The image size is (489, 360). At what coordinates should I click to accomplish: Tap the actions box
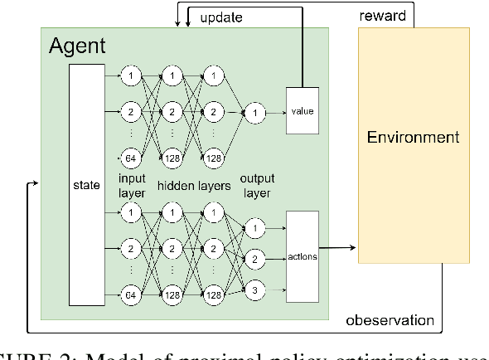point(303,257)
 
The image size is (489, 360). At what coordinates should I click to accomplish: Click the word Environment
point(413,137)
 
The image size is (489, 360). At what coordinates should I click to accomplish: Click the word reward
point(382,16)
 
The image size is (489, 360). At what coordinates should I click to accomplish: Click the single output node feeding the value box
point(256,109)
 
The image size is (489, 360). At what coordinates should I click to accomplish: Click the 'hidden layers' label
point(195,186)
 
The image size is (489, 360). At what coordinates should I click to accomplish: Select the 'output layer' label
point(257,186)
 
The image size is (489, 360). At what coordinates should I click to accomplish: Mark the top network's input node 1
point(130,77)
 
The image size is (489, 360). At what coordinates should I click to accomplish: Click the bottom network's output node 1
point(256,227)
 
